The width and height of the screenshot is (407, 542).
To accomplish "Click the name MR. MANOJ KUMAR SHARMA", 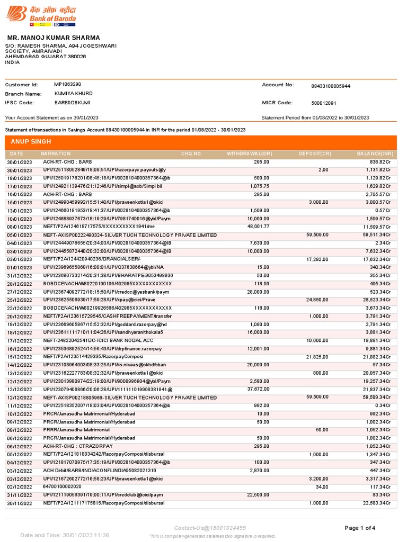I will [53, 38].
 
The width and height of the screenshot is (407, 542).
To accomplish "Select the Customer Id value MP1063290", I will [67, 84].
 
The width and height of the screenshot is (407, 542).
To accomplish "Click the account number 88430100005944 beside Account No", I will [331, 86].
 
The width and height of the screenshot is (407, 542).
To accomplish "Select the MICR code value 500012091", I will [323, 103].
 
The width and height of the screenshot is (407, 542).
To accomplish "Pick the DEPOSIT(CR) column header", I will [315, 154].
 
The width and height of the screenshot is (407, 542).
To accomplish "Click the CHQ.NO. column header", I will [192, 154].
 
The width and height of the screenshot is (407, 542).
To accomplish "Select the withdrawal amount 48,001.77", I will [258, 227].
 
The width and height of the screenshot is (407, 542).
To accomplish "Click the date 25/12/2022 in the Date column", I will [19, 300].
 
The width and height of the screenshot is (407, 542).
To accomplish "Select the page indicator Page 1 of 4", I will [360, 528].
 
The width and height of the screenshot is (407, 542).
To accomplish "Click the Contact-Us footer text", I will [210, 528].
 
